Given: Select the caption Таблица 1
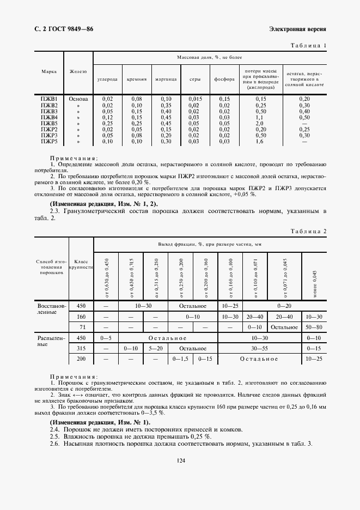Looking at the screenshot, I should pos(309,45).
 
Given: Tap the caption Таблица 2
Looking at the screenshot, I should pos(309,231).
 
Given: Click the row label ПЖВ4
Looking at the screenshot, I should pos(49,117).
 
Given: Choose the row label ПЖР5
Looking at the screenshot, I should pos(49,141).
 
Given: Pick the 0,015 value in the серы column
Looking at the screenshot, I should pos(194,99).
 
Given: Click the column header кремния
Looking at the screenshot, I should pos(137,79).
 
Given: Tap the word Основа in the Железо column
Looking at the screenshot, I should pos(78,99).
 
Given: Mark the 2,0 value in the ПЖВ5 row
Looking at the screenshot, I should pos(260,123).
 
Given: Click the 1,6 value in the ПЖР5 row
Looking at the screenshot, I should pos(260,141).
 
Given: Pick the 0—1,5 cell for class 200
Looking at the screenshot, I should pos(180,359).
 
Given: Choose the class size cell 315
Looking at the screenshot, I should pos(81,348).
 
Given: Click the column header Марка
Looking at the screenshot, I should pos(49,71).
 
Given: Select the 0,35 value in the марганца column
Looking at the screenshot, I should pos(166,105).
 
